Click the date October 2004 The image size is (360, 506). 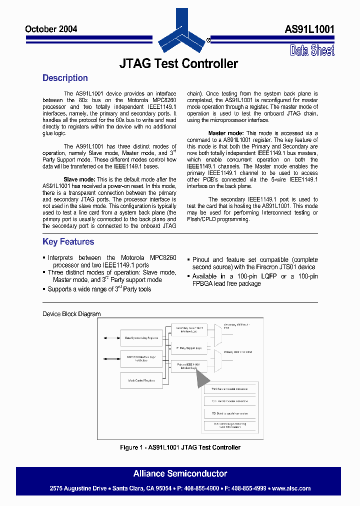(x=51, y=29)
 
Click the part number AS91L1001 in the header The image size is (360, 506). (x=309, y=29)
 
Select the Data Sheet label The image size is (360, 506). (x=312, y=50)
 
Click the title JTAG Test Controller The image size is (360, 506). (x=178, y=64)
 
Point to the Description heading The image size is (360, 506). (x=65, y=78)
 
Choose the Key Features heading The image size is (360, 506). (x=68, y=242)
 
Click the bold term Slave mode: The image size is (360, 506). (x=79, y=179)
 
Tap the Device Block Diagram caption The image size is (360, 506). (x=71, y=314)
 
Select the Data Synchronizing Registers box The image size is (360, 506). (x=141, y=338)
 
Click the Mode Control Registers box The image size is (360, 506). (x=141, y=380)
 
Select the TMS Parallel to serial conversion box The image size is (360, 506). (x=229, y=388)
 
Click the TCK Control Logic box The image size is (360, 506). (x=229, y=425)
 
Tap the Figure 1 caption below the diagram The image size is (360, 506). (x=180, y=447)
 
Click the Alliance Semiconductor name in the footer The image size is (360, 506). (x=180, y=473)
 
